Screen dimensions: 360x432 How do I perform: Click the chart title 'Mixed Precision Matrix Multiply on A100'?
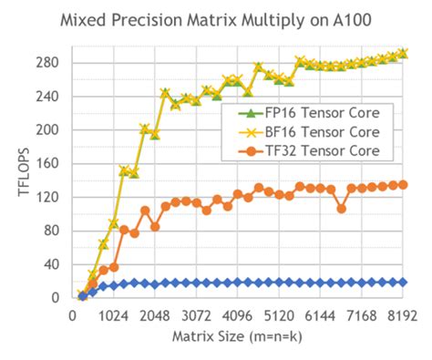(x=216, y=17)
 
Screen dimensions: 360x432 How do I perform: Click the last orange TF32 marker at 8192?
(x=403, y=184)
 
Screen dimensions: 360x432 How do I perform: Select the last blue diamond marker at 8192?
(x=403, y=283)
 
